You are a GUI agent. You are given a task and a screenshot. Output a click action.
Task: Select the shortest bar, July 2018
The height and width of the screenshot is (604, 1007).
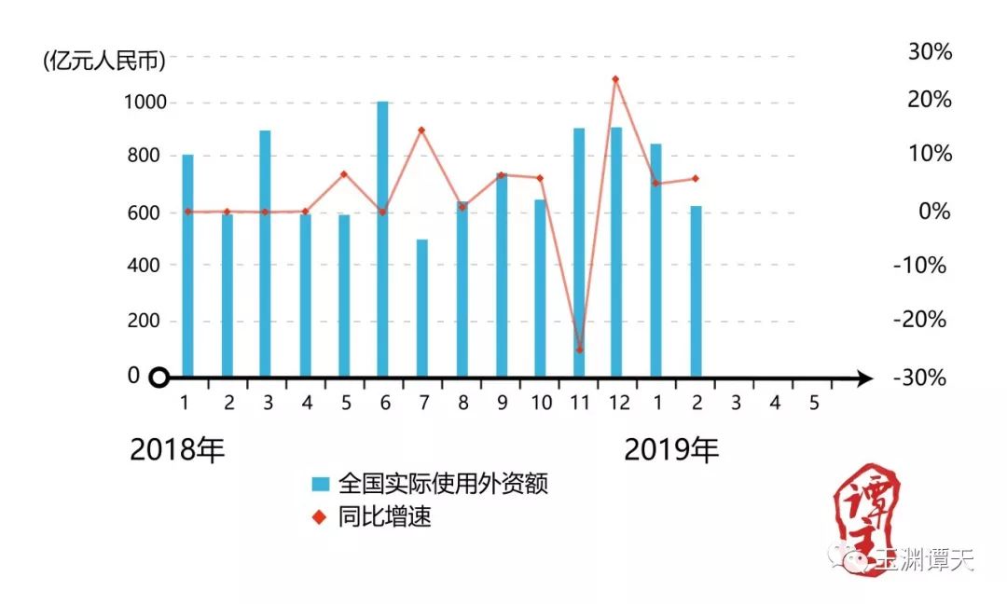[421, 308]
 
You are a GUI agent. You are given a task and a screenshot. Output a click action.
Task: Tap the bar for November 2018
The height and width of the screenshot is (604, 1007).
[578, 252]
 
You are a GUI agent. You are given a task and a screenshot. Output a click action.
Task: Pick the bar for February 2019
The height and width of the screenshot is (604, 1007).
[696, 291]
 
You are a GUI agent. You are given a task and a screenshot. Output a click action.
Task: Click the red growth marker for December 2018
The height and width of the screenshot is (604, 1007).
[615, 79]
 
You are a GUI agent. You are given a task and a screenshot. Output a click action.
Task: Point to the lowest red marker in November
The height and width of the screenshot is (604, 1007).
[579, 350]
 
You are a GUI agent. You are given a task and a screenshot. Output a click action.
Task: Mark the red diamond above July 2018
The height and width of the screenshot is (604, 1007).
[421, 130]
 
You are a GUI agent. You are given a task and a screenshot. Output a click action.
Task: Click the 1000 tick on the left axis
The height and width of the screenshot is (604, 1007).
[145, 102]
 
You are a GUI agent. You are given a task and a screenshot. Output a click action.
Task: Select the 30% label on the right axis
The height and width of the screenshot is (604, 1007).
[930, 52]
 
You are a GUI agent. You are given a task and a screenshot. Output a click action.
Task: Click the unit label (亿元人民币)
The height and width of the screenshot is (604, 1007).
[103, 62]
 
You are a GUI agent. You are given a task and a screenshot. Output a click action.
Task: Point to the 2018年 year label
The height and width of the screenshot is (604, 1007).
[177, 450]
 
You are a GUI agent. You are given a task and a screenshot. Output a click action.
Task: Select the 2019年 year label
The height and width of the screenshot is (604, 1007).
[671, 450]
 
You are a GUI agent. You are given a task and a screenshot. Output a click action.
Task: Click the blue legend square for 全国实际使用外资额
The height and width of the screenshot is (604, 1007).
[321, 484]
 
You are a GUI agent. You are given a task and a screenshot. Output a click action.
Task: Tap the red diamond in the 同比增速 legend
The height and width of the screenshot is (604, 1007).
[321, 517]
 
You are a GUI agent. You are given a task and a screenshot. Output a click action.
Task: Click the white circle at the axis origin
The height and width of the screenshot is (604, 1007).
[159, 377]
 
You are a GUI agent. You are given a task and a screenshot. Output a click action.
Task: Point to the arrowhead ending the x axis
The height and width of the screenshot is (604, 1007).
[864, 377]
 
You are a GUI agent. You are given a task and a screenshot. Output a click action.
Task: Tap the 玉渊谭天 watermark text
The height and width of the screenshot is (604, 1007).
[923, 559]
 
